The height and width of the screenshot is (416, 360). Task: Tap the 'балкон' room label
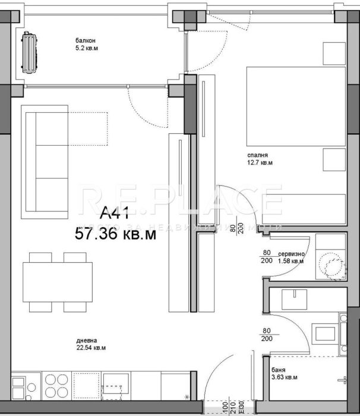[84, 42]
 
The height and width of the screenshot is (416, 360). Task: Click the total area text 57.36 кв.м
[116, 235]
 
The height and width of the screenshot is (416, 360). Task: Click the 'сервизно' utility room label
[290, 253]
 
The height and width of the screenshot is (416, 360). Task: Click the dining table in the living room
[58, 281]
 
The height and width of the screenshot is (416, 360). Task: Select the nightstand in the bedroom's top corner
[334, 53]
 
